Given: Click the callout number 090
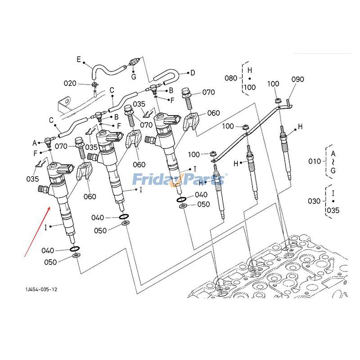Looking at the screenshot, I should pyautogui.click(x=298, y=79).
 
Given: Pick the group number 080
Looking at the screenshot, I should pyautogui.click(x=231, y=78).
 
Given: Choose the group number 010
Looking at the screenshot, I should pyautogui.click(x=314, y=161).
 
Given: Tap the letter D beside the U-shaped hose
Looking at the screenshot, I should pyautogui.click(x=193, y=72).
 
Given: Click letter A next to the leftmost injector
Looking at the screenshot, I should pyautogui.click(x=34, y=143).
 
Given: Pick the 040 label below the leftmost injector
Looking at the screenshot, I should pyautogui.click(x=48, y=250).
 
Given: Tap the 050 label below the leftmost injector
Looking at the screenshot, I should pyautogui.click(x=50, y=262).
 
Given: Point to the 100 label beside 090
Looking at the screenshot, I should pyautogui.click(x=274, y=84).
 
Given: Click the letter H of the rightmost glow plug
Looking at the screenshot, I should pyautogui.click(x=300, y=126).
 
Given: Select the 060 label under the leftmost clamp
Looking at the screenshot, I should pyautogui.click(x=89, y=196).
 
